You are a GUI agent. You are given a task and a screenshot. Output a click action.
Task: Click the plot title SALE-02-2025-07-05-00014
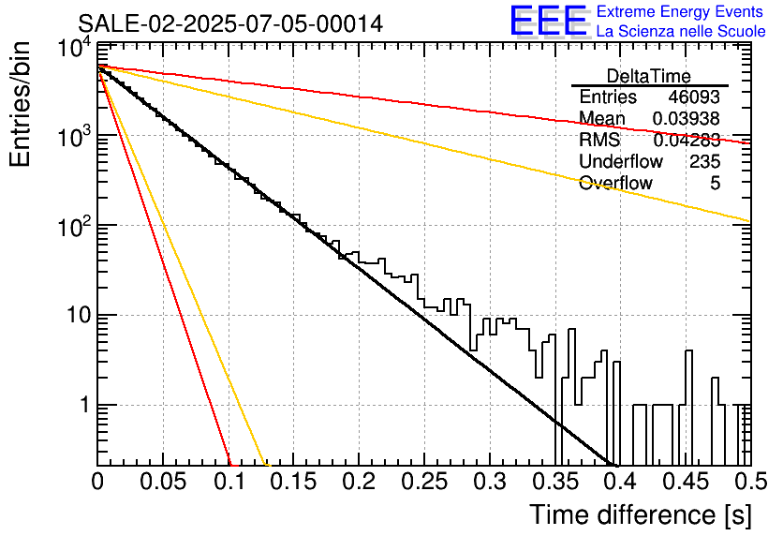[230, 23]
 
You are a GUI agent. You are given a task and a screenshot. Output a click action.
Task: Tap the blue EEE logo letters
[549, 21]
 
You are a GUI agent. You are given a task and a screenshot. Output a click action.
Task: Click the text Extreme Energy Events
[680, 11]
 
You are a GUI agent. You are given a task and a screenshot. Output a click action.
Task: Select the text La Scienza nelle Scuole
[681, 31]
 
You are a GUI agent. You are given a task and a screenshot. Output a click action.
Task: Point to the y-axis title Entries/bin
[20, 104]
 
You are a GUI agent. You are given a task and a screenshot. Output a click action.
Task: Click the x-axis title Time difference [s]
[641, 514]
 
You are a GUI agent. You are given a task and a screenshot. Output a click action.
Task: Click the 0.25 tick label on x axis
[424, 482]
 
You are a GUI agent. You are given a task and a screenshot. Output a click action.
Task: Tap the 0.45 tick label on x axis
[687, 482]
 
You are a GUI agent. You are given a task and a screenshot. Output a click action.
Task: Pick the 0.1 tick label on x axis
[230, 482]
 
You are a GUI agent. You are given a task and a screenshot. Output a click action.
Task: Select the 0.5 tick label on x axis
[750, 482]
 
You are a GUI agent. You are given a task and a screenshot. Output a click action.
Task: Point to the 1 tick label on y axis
[84, 405]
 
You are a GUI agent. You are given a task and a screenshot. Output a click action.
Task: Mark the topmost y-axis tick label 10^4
[75, 50]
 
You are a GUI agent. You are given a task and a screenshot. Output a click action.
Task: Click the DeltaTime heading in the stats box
[649, 76]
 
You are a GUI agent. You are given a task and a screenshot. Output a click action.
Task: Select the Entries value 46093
[694, 97]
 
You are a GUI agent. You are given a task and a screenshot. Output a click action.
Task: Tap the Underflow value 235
[705, 161]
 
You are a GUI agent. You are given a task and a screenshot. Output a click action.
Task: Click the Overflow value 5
[715, 183]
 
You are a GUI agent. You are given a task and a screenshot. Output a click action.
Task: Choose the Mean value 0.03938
[687, 118]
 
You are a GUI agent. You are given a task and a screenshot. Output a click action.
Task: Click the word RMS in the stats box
[599, 140]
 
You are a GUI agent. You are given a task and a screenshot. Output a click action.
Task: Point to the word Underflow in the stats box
[621, 161]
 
